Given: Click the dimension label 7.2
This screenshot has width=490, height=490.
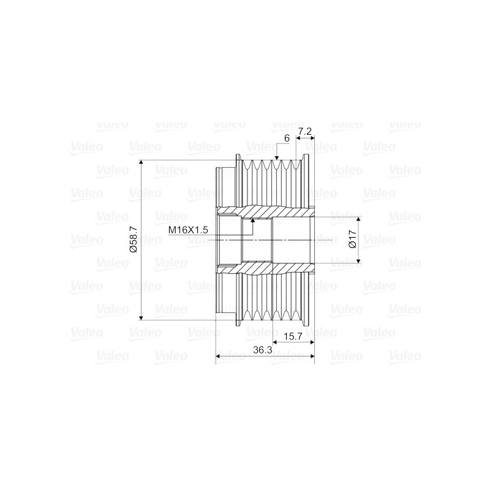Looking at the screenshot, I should point(306,132).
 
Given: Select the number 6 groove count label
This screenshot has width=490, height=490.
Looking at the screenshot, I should point(286,138).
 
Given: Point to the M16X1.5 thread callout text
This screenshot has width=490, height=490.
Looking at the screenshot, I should point(189,229).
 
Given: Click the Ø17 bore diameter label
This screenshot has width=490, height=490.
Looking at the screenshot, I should point(352,239).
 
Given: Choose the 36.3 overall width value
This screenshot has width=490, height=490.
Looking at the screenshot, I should point(262,350).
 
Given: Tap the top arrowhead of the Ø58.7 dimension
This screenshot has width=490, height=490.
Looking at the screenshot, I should point(141,164).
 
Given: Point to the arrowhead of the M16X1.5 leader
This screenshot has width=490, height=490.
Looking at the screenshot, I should point(252,219).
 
